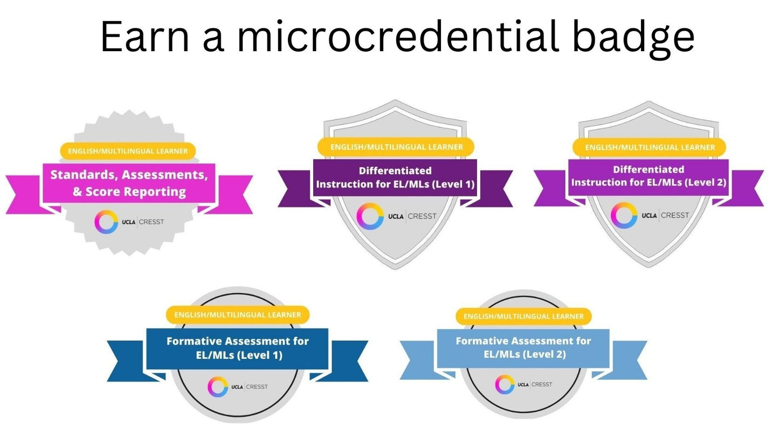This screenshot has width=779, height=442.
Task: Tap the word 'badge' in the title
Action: [633, 37]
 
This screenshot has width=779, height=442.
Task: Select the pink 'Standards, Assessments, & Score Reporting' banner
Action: [129, 183]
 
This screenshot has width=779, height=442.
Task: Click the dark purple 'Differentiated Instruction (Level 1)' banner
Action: [395, 177]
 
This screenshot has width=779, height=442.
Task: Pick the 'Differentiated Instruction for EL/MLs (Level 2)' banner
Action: [649, 176]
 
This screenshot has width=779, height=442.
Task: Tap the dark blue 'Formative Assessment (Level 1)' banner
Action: [237, 348]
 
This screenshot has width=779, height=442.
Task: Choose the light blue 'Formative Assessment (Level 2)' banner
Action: [523, 348]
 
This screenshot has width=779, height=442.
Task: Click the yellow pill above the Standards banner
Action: [128, 151]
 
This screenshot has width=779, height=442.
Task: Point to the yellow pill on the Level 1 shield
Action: [396, 147]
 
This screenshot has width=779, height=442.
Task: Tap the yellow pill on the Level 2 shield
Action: [650, 147]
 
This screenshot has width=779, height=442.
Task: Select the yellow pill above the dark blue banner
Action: [237, 315]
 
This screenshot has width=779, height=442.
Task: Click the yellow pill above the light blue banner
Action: [523, 316]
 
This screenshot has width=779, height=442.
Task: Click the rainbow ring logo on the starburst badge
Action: [106, 222]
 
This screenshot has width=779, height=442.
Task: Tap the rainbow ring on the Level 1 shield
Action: [370, 217]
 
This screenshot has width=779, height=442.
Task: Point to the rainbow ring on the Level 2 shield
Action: [624, 216]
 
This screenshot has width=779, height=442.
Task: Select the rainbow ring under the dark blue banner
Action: [218, 386]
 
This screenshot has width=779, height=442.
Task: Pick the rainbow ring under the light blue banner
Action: [505, 384]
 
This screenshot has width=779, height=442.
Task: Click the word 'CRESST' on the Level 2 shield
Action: [675, 216]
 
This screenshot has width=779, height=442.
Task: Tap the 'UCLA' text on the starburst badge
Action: [129, 222]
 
